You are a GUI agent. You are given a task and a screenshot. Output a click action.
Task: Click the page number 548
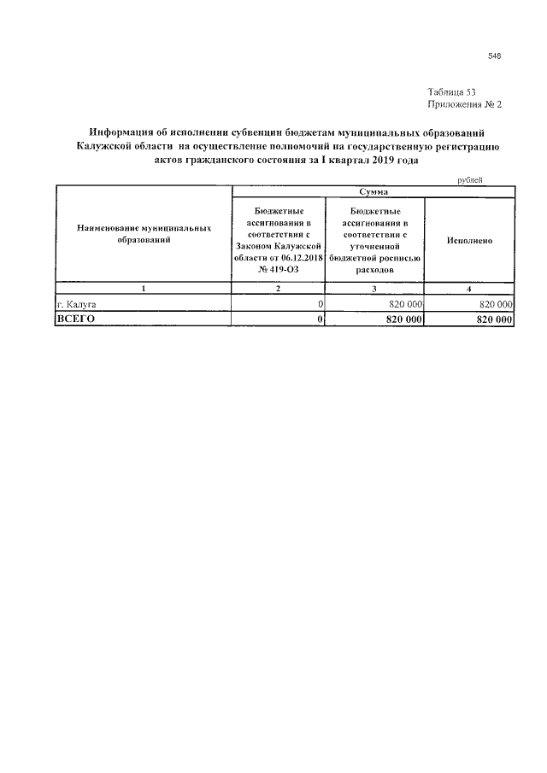point(494,56)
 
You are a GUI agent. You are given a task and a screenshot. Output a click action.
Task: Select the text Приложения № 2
point(463,104)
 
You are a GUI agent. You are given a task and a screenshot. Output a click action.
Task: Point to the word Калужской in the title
point(107,146)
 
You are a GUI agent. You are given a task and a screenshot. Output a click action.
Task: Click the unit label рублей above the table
point(470,180)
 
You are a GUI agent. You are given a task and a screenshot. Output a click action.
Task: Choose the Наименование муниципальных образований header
point(144,235)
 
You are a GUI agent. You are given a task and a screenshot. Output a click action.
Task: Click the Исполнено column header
point(469,241)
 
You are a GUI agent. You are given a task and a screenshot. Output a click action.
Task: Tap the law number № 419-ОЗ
point(277,269)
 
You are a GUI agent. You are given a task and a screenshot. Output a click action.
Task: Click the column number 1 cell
point(144,290)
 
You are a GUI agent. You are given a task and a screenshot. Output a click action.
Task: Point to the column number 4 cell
point(469,290)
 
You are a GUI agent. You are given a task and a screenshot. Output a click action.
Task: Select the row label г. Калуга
point(75,303)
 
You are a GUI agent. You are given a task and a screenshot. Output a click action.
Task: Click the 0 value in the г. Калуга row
point(320,303)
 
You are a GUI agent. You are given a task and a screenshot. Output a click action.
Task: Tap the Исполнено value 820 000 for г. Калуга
point(495,303)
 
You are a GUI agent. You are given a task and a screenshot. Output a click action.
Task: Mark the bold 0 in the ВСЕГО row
point(320,319)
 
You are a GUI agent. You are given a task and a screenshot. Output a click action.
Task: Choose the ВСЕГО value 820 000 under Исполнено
point(492,319)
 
